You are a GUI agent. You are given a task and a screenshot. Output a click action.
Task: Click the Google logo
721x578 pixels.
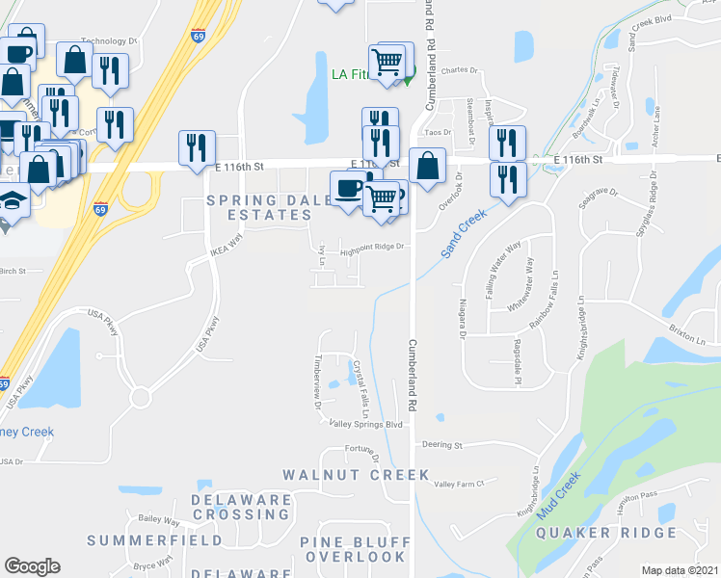[x=33, y=566]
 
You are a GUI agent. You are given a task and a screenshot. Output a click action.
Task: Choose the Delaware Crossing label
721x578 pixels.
[x=241, y=508]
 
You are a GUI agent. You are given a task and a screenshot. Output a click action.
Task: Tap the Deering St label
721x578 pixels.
[x=442, y=445]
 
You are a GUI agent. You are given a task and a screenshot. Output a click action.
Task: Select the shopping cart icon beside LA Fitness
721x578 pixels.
[x=387, y=62]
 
